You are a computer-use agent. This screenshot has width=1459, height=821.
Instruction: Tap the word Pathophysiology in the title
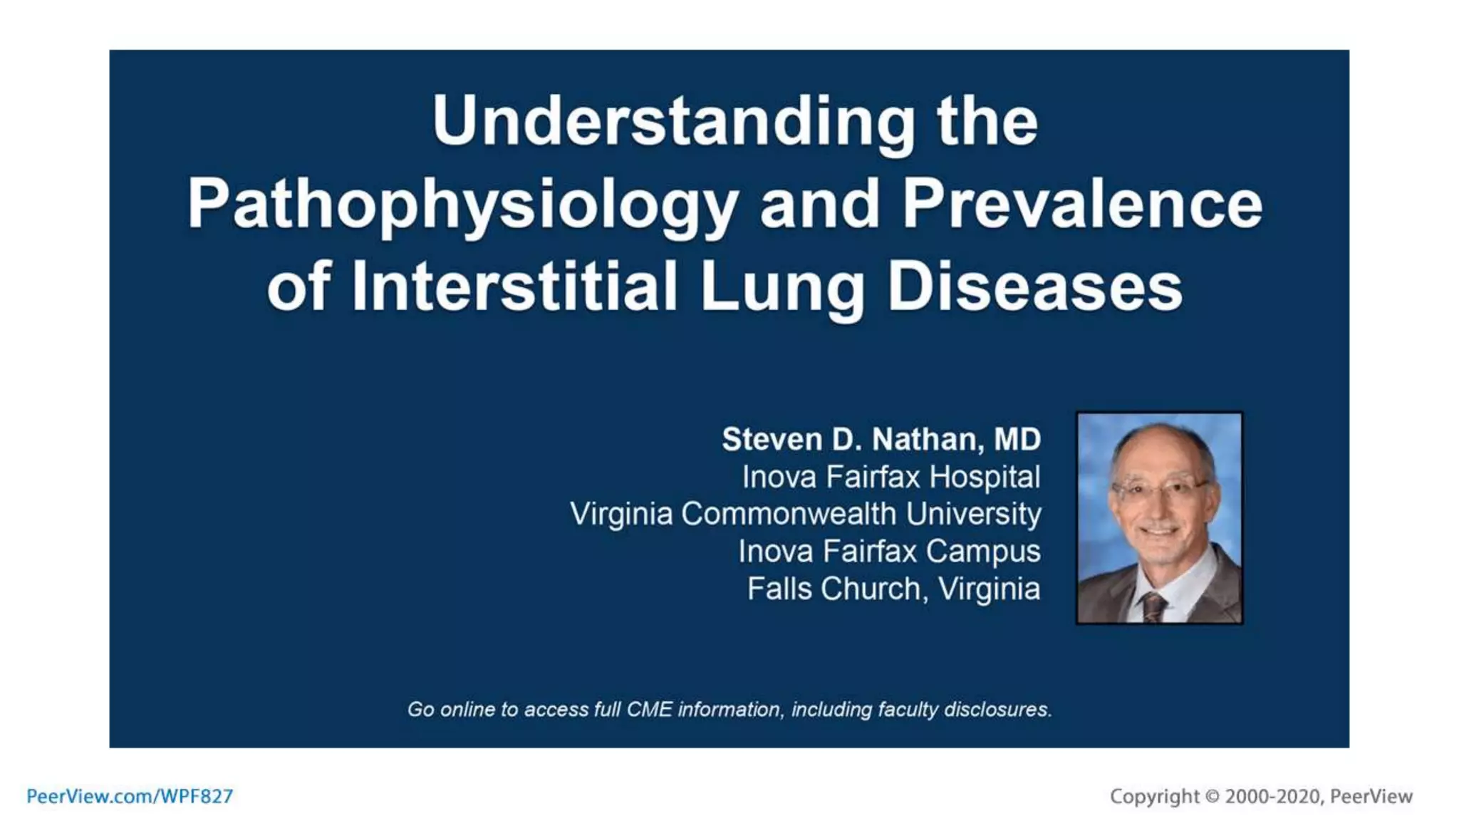click(462, 205)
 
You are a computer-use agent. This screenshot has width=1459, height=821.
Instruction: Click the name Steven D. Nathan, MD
click(881, 439)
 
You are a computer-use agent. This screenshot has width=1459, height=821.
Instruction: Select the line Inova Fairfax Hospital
click(891, 477)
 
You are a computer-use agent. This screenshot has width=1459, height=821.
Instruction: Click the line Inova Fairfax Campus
click(889, 551)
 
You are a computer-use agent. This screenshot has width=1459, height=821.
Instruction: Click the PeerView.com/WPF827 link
click(130, 796)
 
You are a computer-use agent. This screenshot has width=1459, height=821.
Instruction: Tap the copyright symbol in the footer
click(1212, 796)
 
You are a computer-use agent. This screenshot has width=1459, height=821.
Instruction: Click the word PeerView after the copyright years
click(1371, 796)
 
